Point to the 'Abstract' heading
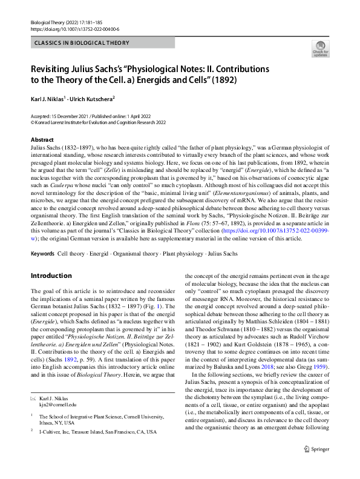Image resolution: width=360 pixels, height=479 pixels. [x=42, y=140]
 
